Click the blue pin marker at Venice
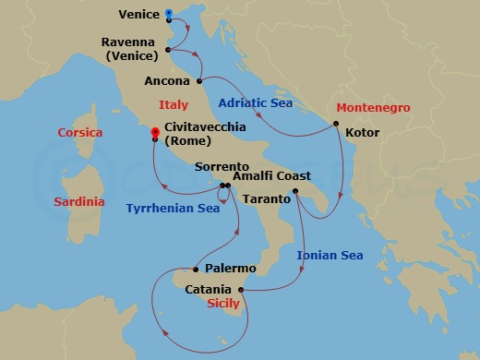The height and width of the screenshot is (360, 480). tap(169, 14)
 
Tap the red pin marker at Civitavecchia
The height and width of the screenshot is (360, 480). tap(155, 133)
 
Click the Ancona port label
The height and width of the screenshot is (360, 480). tap(168, 81)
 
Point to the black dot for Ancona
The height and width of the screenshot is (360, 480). tap(199, 81)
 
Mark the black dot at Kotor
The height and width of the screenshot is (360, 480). tap(336, 124)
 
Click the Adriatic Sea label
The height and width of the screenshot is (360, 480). tap(255, 103)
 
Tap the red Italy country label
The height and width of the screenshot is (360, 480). tap(174, 105)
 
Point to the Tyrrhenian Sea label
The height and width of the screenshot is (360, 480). tap(174, 209)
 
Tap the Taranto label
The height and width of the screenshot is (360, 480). tap(268, 198)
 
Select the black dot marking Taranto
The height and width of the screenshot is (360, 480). tap(294, 192)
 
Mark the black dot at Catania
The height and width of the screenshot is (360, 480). tap(240, 290)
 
